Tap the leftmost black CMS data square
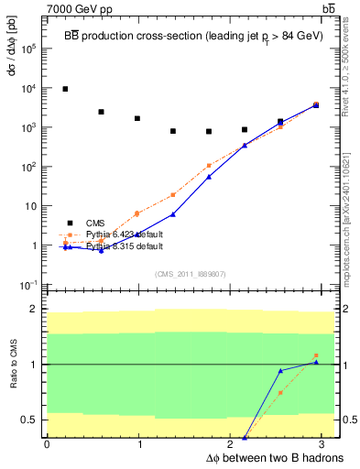65,89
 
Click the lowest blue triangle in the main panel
101,250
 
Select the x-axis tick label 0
47,443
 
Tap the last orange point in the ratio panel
315,355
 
